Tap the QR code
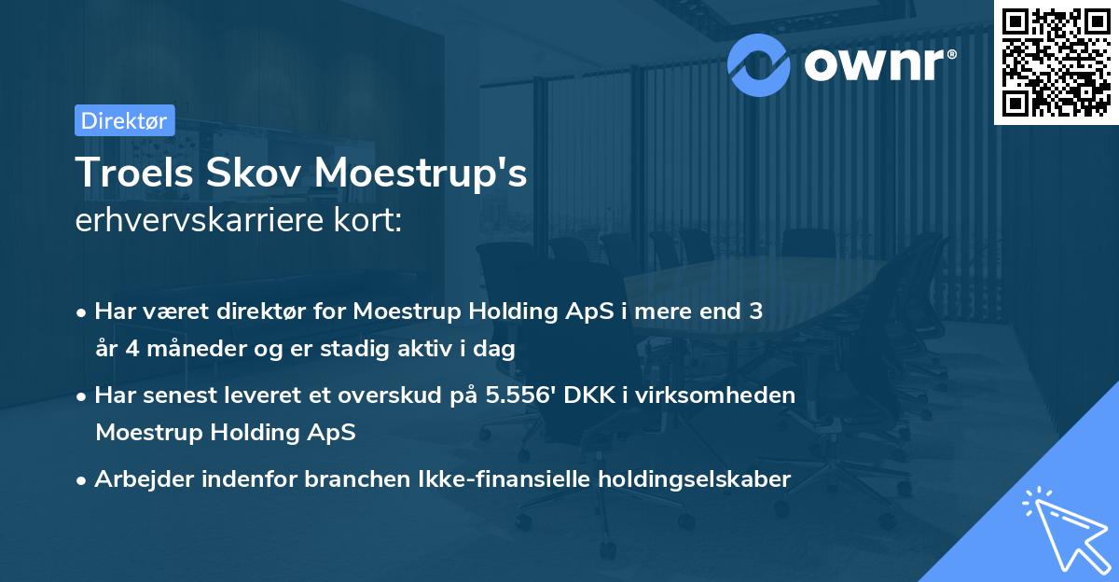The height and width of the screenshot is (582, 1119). (1056, 62)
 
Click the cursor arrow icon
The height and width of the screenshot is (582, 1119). (1063, 528)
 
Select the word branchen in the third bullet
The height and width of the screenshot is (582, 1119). (294, 479)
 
